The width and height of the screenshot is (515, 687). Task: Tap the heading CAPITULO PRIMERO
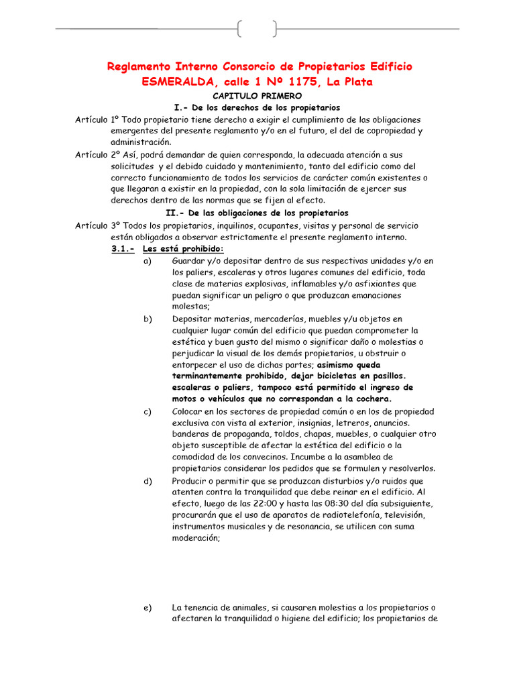coord(257,97)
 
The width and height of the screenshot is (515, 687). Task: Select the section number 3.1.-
coord(123,249)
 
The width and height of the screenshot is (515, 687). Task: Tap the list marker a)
coord(148,260)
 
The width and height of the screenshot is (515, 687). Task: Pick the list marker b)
coord(148,319)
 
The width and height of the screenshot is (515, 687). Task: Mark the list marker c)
coord(148,411)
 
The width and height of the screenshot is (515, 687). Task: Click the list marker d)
coord(148,481)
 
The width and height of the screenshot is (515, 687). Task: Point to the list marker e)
coord(148,608)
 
